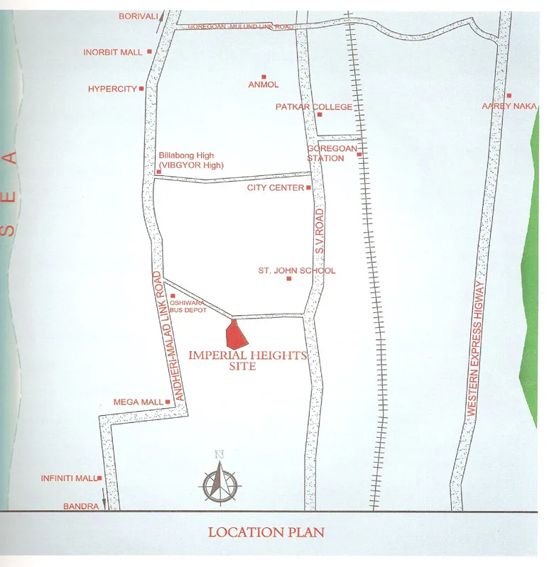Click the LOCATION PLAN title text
pos(266,532)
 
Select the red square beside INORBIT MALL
pos(149,52)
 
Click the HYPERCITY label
pos(112,89)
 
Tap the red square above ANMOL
pos(264,77)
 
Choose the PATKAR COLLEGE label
pos(314,107)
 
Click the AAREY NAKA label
pos(509,106)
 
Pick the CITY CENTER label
pos(276,188)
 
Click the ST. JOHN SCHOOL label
pos(297,270)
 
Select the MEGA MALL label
pos(138,402)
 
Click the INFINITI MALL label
pos(68,478)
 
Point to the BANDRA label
pos(80,507)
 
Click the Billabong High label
pos(186,156)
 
